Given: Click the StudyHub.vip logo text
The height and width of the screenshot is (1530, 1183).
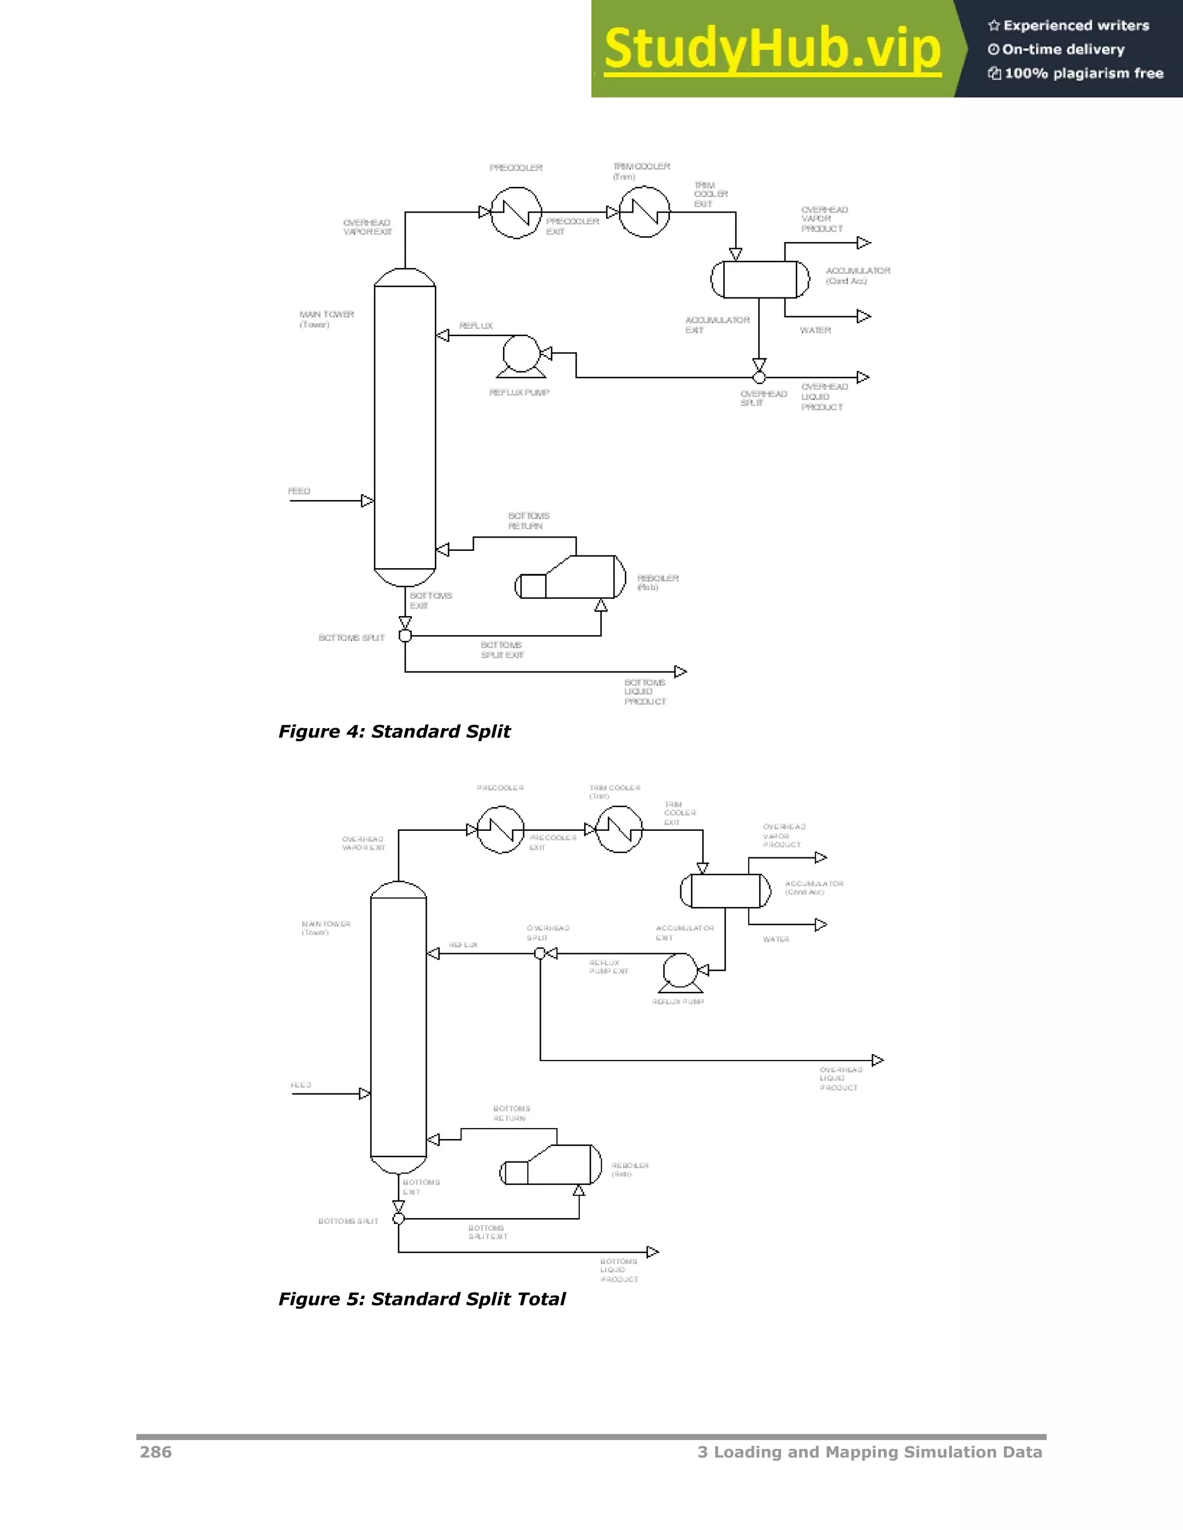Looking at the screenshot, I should point(772,49).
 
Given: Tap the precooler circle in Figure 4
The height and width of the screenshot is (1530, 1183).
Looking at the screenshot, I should point(516,212).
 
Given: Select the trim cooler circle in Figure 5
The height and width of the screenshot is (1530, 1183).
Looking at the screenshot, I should point(619,830).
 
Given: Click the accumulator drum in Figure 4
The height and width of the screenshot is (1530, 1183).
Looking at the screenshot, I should point(760,279).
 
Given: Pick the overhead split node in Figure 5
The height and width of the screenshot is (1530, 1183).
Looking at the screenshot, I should point(540,953).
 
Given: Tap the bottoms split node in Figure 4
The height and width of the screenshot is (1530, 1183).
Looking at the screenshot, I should point(405,636).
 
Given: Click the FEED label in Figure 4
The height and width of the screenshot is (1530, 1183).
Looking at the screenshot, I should point(299,491).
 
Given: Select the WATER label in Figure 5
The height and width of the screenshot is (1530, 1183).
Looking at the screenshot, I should point(776,939).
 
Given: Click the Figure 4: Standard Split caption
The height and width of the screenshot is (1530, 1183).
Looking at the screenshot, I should point(394,732).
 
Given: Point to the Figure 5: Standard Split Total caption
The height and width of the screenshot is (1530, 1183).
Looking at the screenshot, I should point(421,1299).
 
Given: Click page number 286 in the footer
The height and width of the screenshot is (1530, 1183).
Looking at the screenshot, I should point(155,1452).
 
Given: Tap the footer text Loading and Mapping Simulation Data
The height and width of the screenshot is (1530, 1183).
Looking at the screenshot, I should point(877,1452).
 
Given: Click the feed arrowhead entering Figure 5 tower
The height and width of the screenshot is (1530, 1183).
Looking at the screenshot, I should point(364,1094).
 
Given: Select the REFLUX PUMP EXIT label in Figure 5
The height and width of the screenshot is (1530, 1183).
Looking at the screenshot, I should point(608,966).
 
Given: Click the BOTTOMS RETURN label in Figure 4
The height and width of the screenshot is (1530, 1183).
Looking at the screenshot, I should point(528,521).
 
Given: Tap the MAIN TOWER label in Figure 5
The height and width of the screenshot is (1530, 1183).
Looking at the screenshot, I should point(326,928).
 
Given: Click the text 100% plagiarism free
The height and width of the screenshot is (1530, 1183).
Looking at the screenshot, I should point(1084,73).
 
